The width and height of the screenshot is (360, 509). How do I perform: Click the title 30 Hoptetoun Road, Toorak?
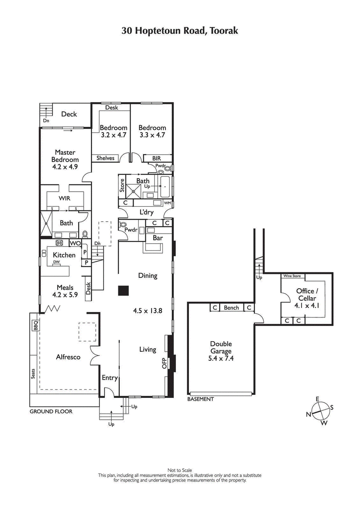(180, 31)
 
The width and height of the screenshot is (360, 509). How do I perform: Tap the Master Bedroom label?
(65, 156)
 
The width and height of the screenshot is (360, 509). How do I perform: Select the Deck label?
(69, 114)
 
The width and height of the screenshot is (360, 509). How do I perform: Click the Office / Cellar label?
(306, 295)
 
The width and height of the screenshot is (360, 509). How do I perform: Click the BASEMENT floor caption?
(200, 399)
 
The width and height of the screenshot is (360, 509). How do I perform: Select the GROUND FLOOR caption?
(51, 411)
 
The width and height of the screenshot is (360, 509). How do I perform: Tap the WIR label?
(64, 198)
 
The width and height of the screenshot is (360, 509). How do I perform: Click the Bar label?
(157, 237)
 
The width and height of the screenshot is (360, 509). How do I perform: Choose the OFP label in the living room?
(164, 363)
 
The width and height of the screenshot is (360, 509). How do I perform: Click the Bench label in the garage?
(231, 308)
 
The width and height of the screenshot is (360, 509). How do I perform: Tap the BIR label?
(156, 158)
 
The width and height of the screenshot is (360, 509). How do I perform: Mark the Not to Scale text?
(180, 470)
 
